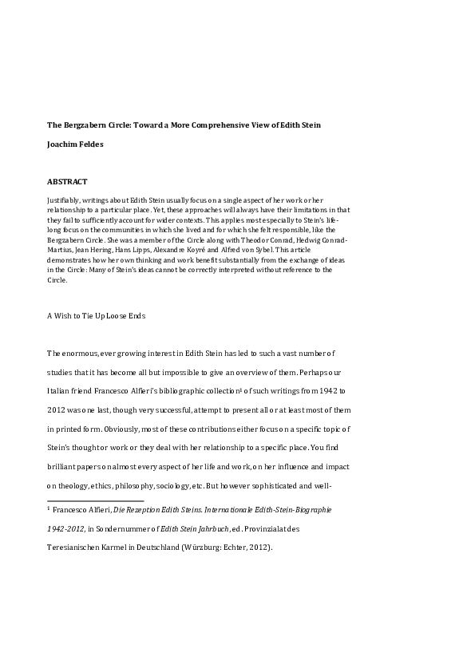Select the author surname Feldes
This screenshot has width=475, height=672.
tap(89, 144)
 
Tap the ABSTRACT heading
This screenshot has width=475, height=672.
tap(67, 182)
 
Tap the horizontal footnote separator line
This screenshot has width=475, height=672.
tap(96, 501)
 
